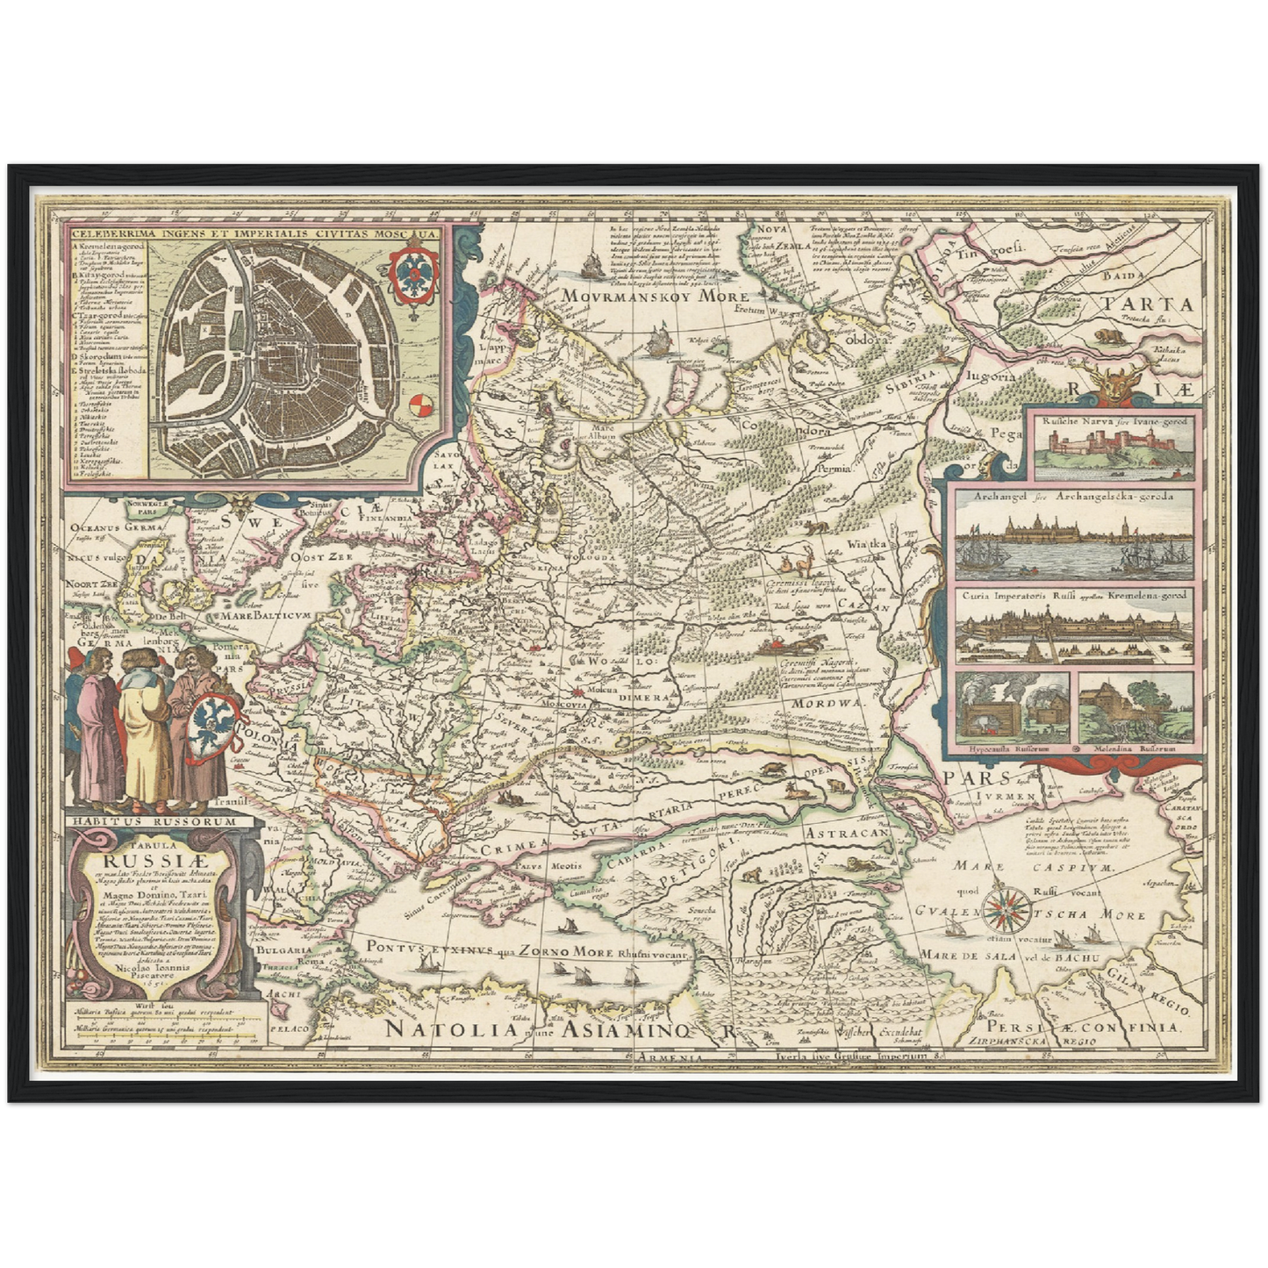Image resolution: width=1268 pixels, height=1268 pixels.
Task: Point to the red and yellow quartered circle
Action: click(x=422, y=405)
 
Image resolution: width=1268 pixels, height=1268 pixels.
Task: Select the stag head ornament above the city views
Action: click(x=1112, y=387)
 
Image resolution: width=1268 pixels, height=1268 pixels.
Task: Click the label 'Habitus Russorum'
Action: click(x=154, y=821)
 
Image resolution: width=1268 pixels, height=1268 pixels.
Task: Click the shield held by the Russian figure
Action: click(x=211, y=720)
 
